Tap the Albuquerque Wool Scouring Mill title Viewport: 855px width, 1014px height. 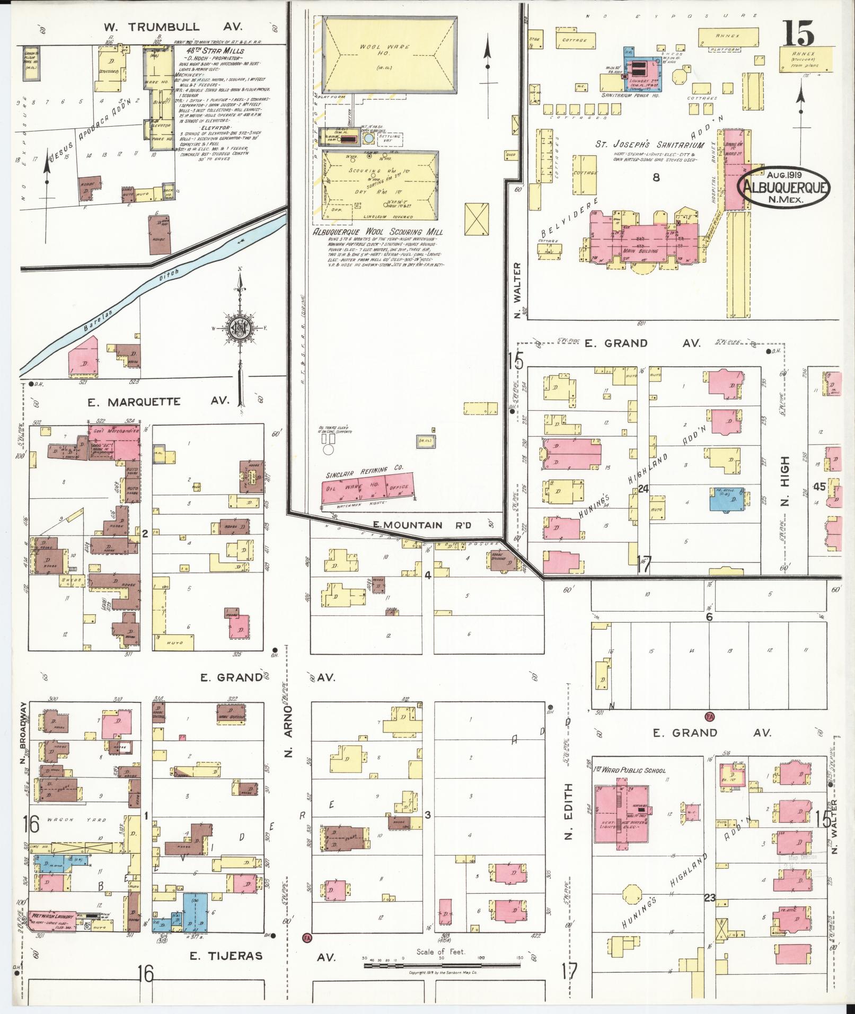pos(377,232)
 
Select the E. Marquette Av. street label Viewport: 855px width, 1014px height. pos(157,402)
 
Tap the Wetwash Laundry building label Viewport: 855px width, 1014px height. pos(52,915)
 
